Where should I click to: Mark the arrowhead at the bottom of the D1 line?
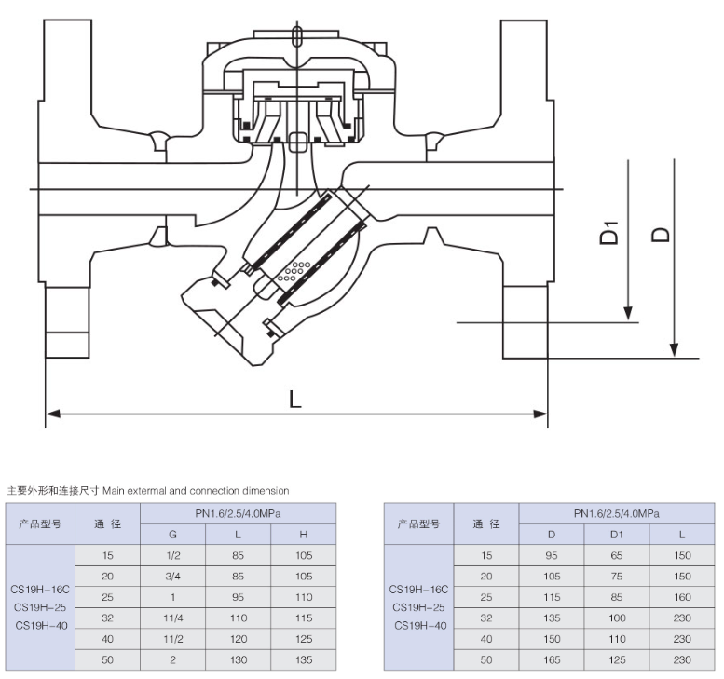coord(629,314)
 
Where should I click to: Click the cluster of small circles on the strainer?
coord(297,269)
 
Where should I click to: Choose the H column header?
coord(303,535)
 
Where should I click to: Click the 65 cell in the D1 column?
coord(617,555)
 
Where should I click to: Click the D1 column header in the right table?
coord(617,535)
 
